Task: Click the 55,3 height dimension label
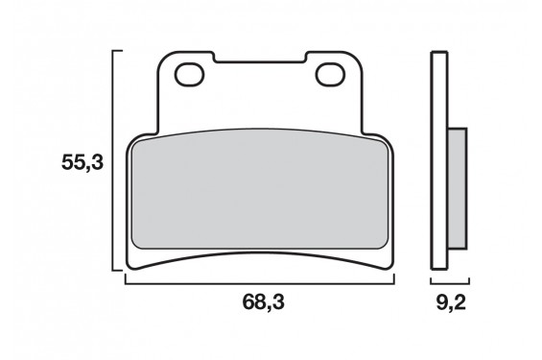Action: pyautogui.click(x=82, y=162)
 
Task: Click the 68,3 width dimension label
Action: pyautogui.click(x=264, y=301)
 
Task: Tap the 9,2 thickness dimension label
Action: pyautogui.click(x=451, y=302)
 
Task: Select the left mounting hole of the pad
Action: pyautogui.click(x=189, y=74)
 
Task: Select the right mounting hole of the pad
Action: pyautogui.click(x=330, y=74)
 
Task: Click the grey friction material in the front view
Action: pyautogui.click(x=260, y=189)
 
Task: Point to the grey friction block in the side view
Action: pyautogui.click(x=458, y=188)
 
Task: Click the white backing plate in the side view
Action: pyautogui.click(x=439, y=160)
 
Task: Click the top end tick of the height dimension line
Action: pyautogui.click(x=117, y=51)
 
